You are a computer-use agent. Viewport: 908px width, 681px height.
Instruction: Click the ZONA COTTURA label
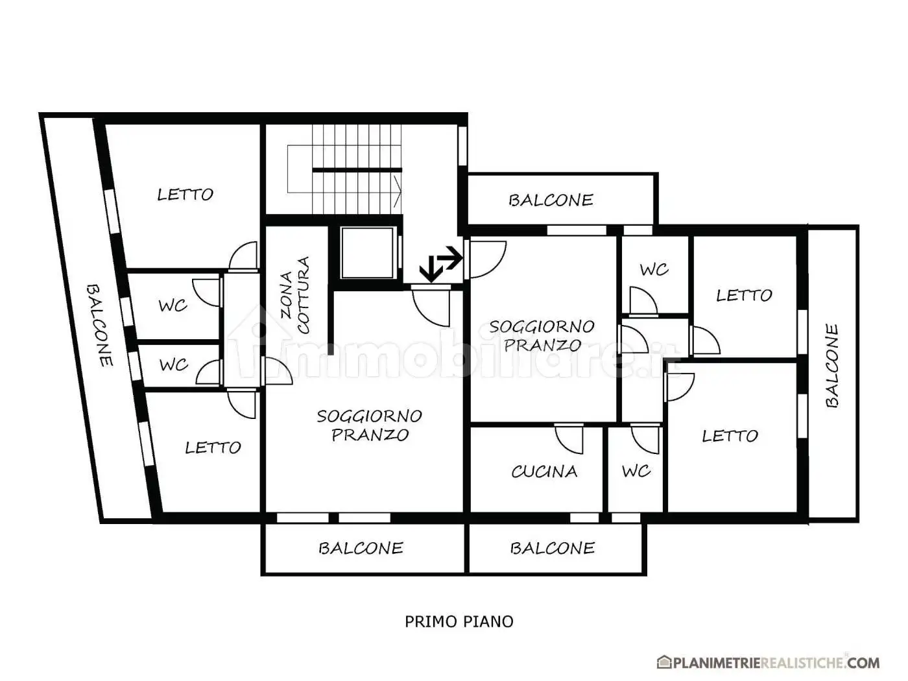tap(294, 295)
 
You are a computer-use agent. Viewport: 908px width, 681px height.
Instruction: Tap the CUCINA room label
tap(544, 472)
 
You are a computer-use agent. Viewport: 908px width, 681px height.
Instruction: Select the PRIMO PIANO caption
tap(459, 622)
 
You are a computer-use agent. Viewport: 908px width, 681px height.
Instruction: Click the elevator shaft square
tap(367, 253)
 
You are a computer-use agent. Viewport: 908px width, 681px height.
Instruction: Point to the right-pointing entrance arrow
tap(450, 257)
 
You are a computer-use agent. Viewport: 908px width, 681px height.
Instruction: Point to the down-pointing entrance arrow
tap(431, 269)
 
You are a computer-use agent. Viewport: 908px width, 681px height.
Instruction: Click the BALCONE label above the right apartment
tap(551, 200)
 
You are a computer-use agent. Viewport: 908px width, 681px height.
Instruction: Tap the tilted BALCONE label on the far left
tap(99, 325)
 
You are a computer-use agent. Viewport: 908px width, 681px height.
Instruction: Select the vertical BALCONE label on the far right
tap(832, 366)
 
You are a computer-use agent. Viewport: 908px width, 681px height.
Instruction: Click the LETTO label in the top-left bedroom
tap(185, 195)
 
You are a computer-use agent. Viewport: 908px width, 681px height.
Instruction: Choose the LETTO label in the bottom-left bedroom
tap(213, 448)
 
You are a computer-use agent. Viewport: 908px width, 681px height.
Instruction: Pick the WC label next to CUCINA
tap(636, 471)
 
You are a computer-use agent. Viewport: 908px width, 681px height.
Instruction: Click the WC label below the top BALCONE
tap(654, 270)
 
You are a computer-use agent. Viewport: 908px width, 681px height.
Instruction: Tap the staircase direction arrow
tap(397, 192)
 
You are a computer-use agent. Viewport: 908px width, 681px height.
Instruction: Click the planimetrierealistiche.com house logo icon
tap(664, 662)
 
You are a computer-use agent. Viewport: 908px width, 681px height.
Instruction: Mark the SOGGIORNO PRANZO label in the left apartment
tap(370, 425)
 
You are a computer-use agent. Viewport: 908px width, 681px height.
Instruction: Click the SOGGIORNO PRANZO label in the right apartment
tap(542, 336)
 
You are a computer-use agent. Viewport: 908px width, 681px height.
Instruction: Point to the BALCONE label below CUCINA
tap(552, 548)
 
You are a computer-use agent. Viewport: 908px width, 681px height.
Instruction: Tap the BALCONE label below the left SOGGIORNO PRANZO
tap(361, 548)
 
